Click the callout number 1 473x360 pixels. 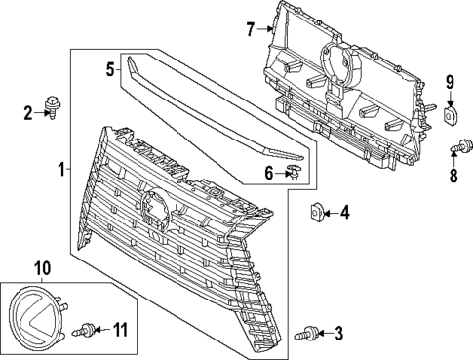(x=61, y=169)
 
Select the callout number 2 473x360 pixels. (x=29, y=113)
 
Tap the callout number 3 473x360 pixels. (x=338, y=335)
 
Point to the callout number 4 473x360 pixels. (x=343, y=211)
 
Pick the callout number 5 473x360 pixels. (x=111, y=68)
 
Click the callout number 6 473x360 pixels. (x=269, y=174)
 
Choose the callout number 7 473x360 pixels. (x=250, y=29)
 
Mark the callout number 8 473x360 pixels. (x=452, y=177)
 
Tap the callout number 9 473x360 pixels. (x=452, y=81)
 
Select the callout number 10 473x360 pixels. (x=42, y=267)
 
